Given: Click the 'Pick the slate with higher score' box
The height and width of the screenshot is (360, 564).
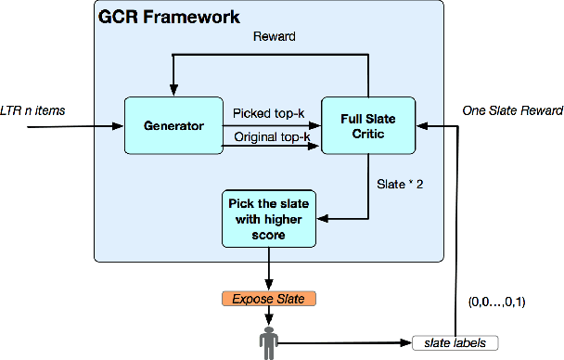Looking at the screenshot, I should [269, 218].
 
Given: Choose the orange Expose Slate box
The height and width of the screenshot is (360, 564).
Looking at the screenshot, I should [269, 299].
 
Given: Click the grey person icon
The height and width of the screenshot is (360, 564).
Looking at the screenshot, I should [269, 341].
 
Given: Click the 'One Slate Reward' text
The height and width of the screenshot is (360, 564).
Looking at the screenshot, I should [512, 111].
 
